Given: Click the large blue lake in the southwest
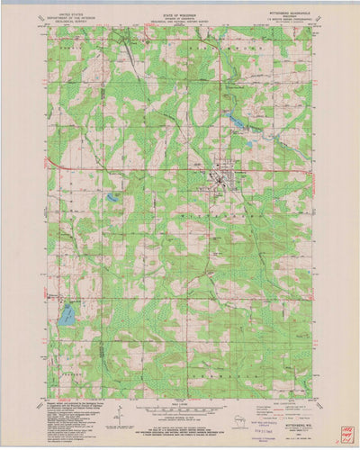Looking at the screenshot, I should pos(66,315).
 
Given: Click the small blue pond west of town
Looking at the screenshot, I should pos(112,196).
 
